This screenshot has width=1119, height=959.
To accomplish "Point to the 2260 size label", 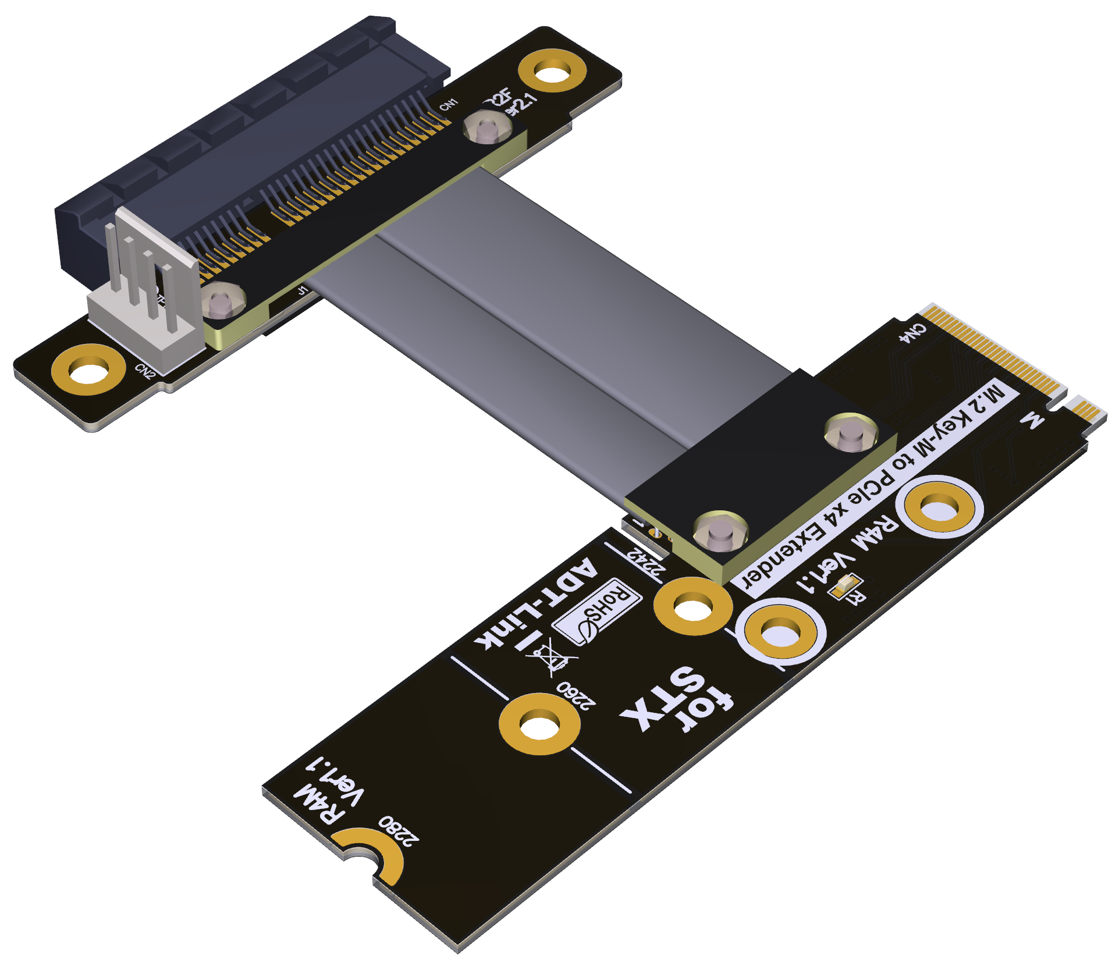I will coord(576,695).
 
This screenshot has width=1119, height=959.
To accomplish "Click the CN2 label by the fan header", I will coord(145,371).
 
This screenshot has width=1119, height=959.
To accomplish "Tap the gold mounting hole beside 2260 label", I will coord(539,724).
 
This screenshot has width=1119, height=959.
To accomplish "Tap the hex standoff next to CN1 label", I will coord(488,129).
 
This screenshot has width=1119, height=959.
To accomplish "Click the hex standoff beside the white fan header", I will coord(222,302).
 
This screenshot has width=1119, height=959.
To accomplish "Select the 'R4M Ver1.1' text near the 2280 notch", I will coord(329,791).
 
